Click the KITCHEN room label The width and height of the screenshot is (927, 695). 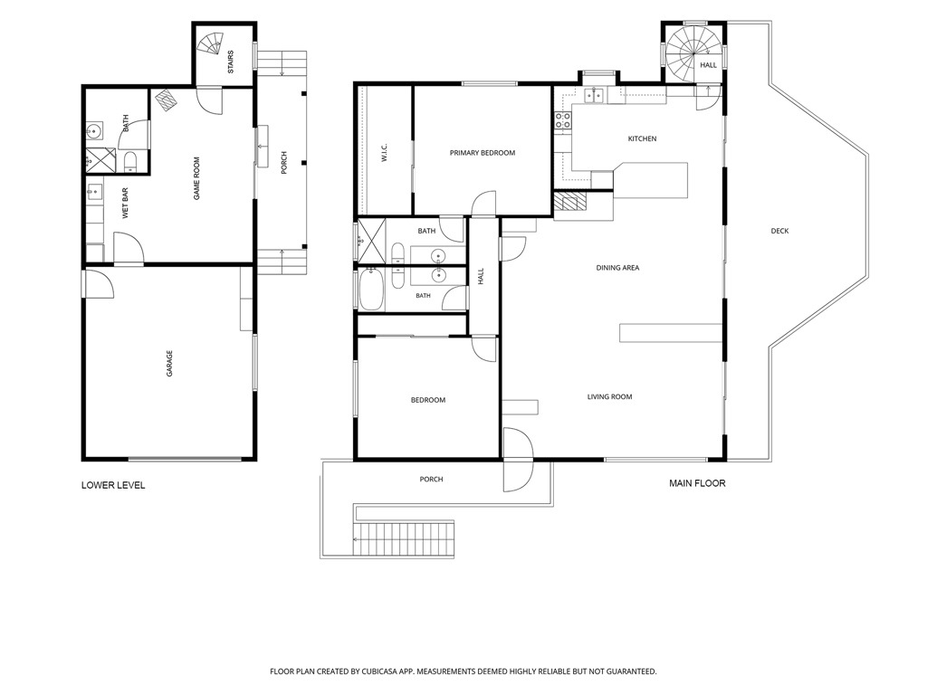coord(642,138)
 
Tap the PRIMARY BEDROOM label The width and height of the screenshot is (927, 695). coord(483,153)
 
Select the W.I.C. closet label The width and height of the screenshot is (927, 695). coord(384,152)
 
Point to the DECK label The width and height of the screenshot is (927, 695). coord(779,231)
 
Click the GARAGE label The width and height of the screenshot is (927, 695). coord(169,364)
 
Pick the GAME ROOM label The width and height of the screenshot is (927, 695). coord(196,178)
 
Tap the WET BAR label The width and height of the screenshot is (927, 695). coord(125,204)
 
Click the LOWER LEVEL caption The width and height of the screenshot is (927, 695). coord(113,485)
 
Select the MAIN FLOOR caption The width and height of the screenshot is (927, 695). coord(697,483)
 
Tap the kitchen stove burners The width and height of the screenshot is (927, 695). coord(563,120)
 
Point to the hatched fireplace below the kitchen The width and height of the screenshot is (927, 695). coord(570,202)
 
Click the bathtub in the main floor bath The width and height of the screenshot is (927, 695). coord(371,289)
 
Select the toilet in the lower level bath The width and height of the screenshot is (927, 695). coord(130,162)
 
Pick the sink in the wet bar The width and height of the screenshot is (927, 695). coord(94,192)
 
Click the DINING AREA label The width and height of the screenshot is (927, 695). coord(617,268)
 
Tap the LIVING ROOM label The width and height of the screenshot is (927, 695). coord(609,397)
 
